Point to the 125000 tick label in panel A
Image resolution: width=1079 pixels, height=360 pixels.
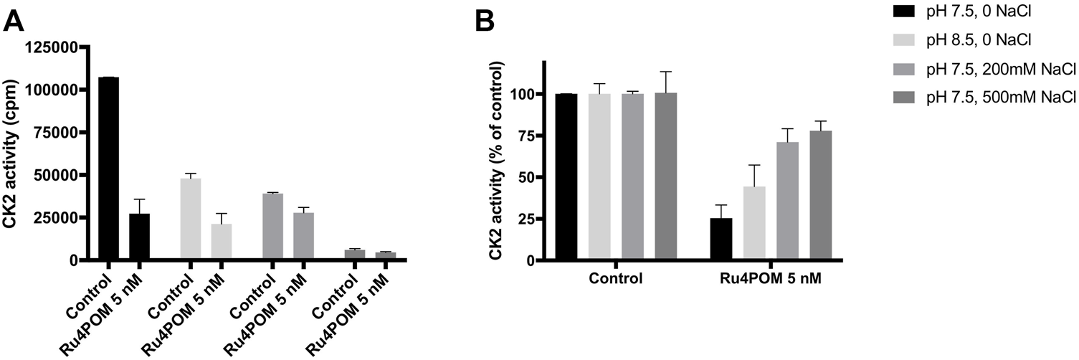coord(56,47)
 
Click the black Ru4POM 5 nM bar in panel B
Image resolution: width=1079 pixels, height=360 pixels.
coord(721,240)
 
